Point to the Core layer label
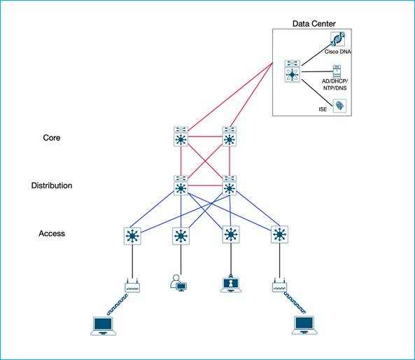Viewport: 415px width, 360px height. (52, 138)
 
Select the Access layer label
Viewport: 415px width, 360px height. (52, 233)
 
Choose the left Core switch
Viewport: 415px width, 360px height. (180, 137)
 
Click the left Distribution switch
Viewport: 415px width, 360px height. (180, 186)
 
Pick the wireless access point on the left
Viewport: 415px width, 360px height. (131, 286)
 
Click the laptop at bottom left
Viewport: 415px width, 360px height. (104, 326)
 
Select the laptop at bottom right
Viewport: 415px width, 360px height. (304, 324)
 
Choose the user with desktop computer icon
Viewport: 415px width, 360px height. (178, 284)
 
